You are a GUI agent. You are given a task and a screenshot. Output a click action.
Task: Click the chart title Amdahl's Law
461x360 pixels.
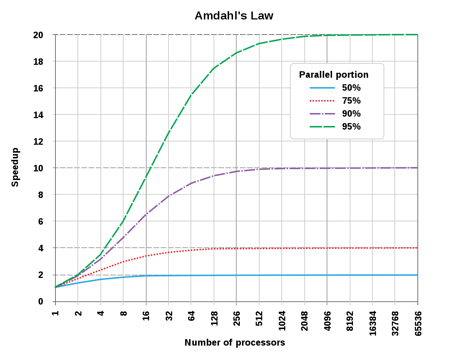(x=234, y=16)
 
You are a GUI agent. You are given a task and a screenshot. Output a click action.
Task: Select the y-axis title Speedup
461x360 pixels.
(x=15, y=167)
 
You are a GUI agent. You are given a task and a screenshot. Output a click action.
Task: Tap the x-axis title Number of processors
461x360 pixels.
(x=234, y=342)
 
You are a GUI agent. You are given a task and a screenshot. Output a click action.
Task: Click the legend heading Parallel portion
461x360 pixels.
(x=334, y=75)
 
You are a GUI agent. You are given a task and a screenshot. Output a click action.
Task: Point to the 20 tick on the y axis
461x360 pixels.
(x=38, y=35)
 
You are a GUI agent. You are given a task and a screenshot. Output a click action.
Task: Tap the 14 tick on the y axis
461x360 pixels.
(x=38, y=115)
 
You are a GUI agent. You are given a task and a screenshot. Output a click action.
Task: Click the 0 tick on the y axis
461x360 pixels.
(x=41, y=301)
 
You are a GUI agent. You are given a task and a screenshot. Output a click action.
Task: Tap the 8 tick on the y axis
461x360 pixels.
(x=41, y=195)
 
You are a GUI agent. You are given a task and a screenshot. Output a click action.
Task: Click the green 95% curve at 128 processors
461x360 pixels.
(x=214, y=68)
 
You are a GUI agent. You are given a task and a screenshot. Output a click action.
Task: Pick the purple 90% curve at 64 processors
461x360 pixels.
(x=191, y=183)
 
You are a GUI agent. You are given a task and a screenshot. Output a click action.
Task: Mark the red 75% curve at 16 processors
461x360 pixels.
(x=146, y=256)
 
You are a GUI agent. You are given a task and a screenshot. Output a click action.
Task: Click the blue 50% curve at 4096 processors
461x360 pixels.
(x=327, y=275)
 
